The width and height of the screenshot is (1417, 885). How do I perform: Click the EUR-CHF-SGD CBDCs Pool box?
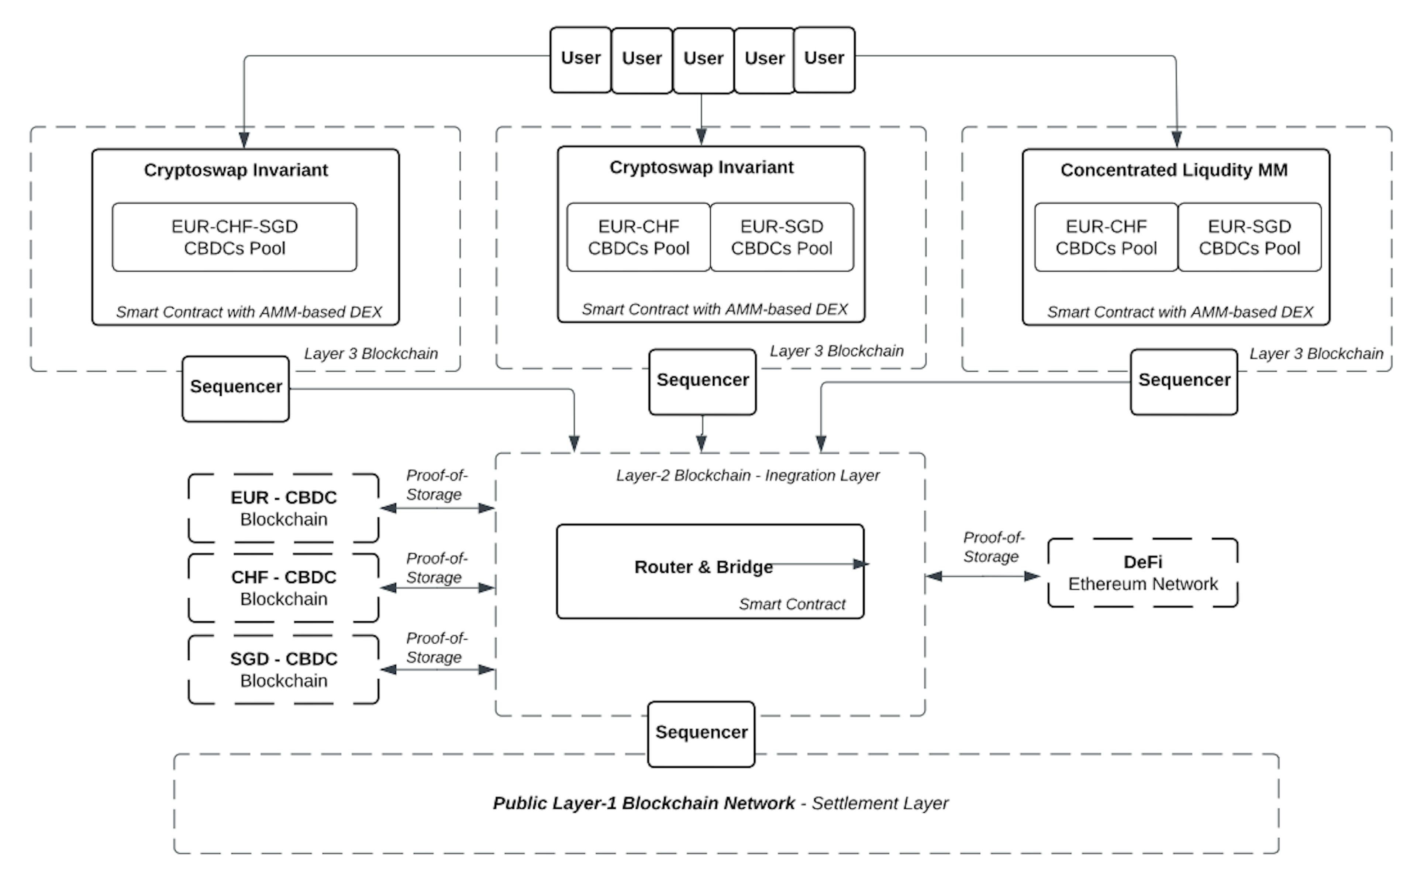click(234, 237)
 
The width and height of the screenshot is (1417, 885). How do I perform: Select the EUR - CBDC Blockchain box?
click(283, 508)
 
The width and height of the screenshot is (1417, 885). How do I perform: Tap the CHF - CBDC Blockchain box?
click(283, 588)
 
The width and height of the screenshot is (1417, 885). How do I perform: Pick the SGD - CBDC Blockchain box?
click(283, 670)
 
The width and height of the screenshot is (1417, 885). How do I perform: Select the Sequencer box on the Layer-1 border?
click(701, 734)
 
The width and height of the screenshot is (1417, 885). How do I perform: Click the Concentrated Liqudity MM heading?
click(1174, 170)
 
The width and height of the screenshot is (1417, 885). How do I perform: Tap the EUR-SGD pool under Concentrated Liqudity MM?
click(1249, 237)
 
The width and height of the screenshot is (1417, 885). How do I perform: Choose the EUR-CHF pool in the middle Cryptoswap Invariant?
click(638, 237)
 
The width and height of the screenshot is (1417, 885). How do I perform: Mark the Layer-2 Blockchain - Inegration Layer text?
click(748, 475)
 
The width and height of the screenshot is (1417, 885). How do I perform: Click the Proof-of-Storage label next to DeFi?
click(993, 547)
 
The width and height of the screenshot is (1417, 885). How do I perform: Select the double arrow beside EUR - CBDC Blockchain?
click(437, 508)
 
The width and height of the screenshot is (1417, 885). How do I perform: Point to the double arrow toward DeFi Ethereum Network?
click(983, 576)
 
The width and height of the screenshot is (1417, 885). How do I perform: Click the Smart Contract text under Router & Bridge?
click(792, 604)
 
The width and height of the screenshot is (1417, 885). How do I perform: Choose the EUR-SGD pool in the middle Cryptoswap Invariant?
click(781, 237)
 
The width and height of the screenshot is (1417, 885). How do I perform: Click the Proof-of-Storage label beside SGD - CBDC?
click(436, 648)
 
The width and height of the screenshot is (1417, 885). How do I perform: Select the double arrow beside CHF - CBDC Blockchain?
click(437, 588)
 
